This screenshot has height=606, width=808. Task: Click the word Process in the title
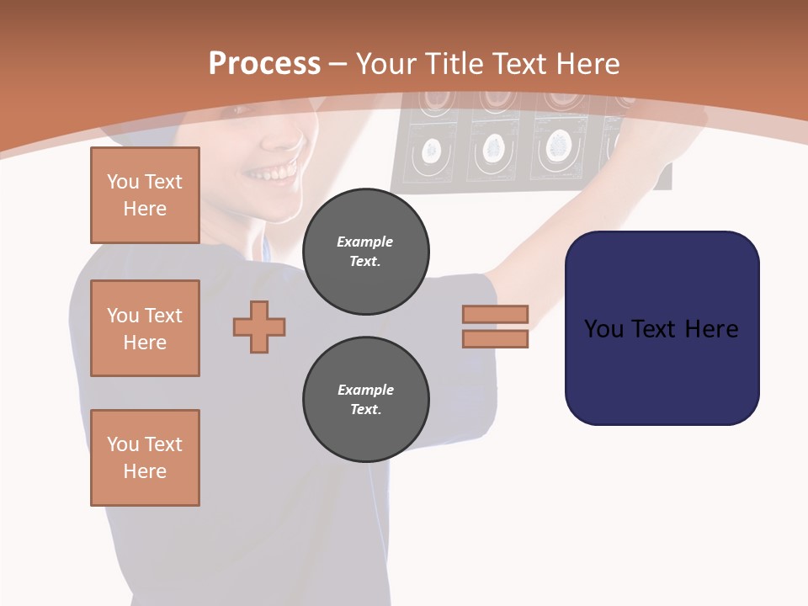(x=264, y=64)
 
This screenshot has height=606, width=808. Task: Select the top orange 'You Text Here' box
(x=145, y=195)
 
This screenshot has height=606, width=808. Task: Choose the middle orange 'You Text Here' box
(x=145, y=328)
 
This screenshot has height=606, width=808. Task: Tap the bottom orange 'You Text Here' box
(x=145, y=458)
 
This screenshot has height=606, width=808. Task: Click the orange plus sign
(x=259, y=327)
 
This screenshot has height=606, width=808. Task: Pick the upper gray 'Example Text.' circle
(x=365, y=252)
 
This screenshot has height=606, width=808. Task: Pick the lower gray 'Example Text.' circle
(x=365, y=400)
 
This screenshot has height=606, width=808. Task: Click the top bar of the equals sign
(x=495, y=314)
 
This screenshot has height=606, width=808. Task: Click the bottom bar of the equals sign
(x=495, y=338)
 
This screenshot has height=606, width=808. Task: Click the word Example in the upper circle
(x=365, y=242)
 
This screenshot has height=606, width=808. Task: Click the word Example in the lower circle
(x=365, y=390)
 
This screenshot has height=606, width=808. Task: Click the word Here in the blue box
(x=711, y=329)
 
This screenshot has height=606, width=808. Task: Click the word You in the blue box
(x=604, y=329)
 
